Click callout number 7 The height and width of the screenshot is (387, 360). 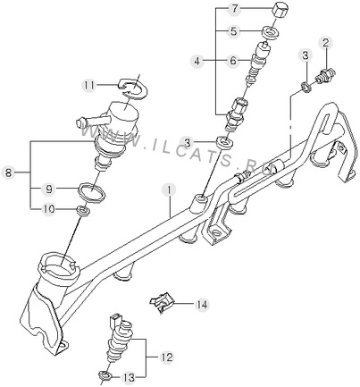235,9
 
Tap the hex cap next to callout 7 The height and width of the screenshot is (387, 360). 280,10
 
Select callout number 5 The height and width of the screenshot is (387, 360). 234,31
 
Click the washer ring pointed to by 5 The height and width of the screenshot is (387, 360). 271,31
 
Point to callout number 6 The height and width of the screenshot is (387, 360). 233,61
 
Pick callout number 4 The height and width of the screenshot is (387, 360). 197,62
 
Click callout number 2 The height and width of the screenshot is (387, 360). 326,44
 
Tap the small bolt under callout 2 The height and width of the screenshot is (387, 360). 325,75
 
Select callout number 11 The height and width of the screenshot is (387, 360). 89,86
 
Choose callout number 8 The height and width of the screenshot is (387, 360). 9,172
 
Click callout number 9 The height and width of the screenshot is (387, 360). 49,189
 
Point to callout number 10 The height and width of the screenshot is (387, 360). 48,209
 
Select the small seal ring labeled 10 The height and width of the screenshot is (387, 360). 83,211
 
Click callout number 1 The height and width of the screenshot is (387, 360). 169,190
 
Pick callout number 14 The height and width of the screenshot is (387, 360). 201,305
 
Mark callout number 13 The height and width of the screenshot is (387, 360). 130,378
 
